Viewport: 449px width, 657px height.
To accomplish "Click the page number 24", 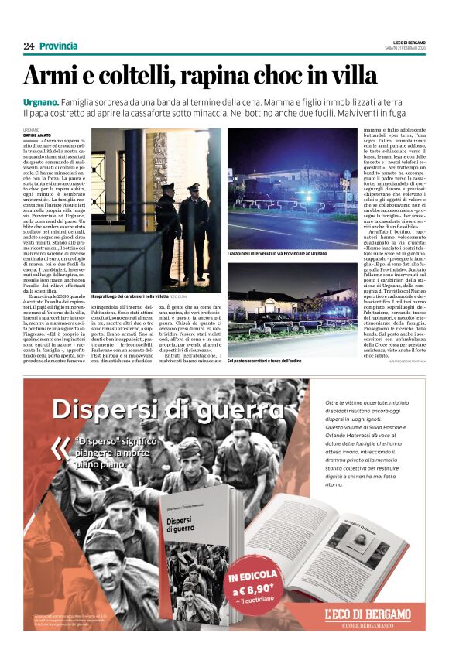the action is (x=29, y=46).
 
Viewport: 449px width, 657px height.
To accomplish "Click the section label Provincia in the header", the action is (x=59, y=46).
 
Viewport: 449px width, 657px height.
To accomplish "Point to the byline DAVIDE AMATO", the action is (x=38, y=134).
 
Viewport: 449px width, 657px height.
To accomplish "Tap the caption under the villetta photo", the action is (x=138, y=296).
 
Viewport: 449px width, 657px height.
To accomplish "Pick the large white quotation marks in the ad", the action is (x=60, y=449).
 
